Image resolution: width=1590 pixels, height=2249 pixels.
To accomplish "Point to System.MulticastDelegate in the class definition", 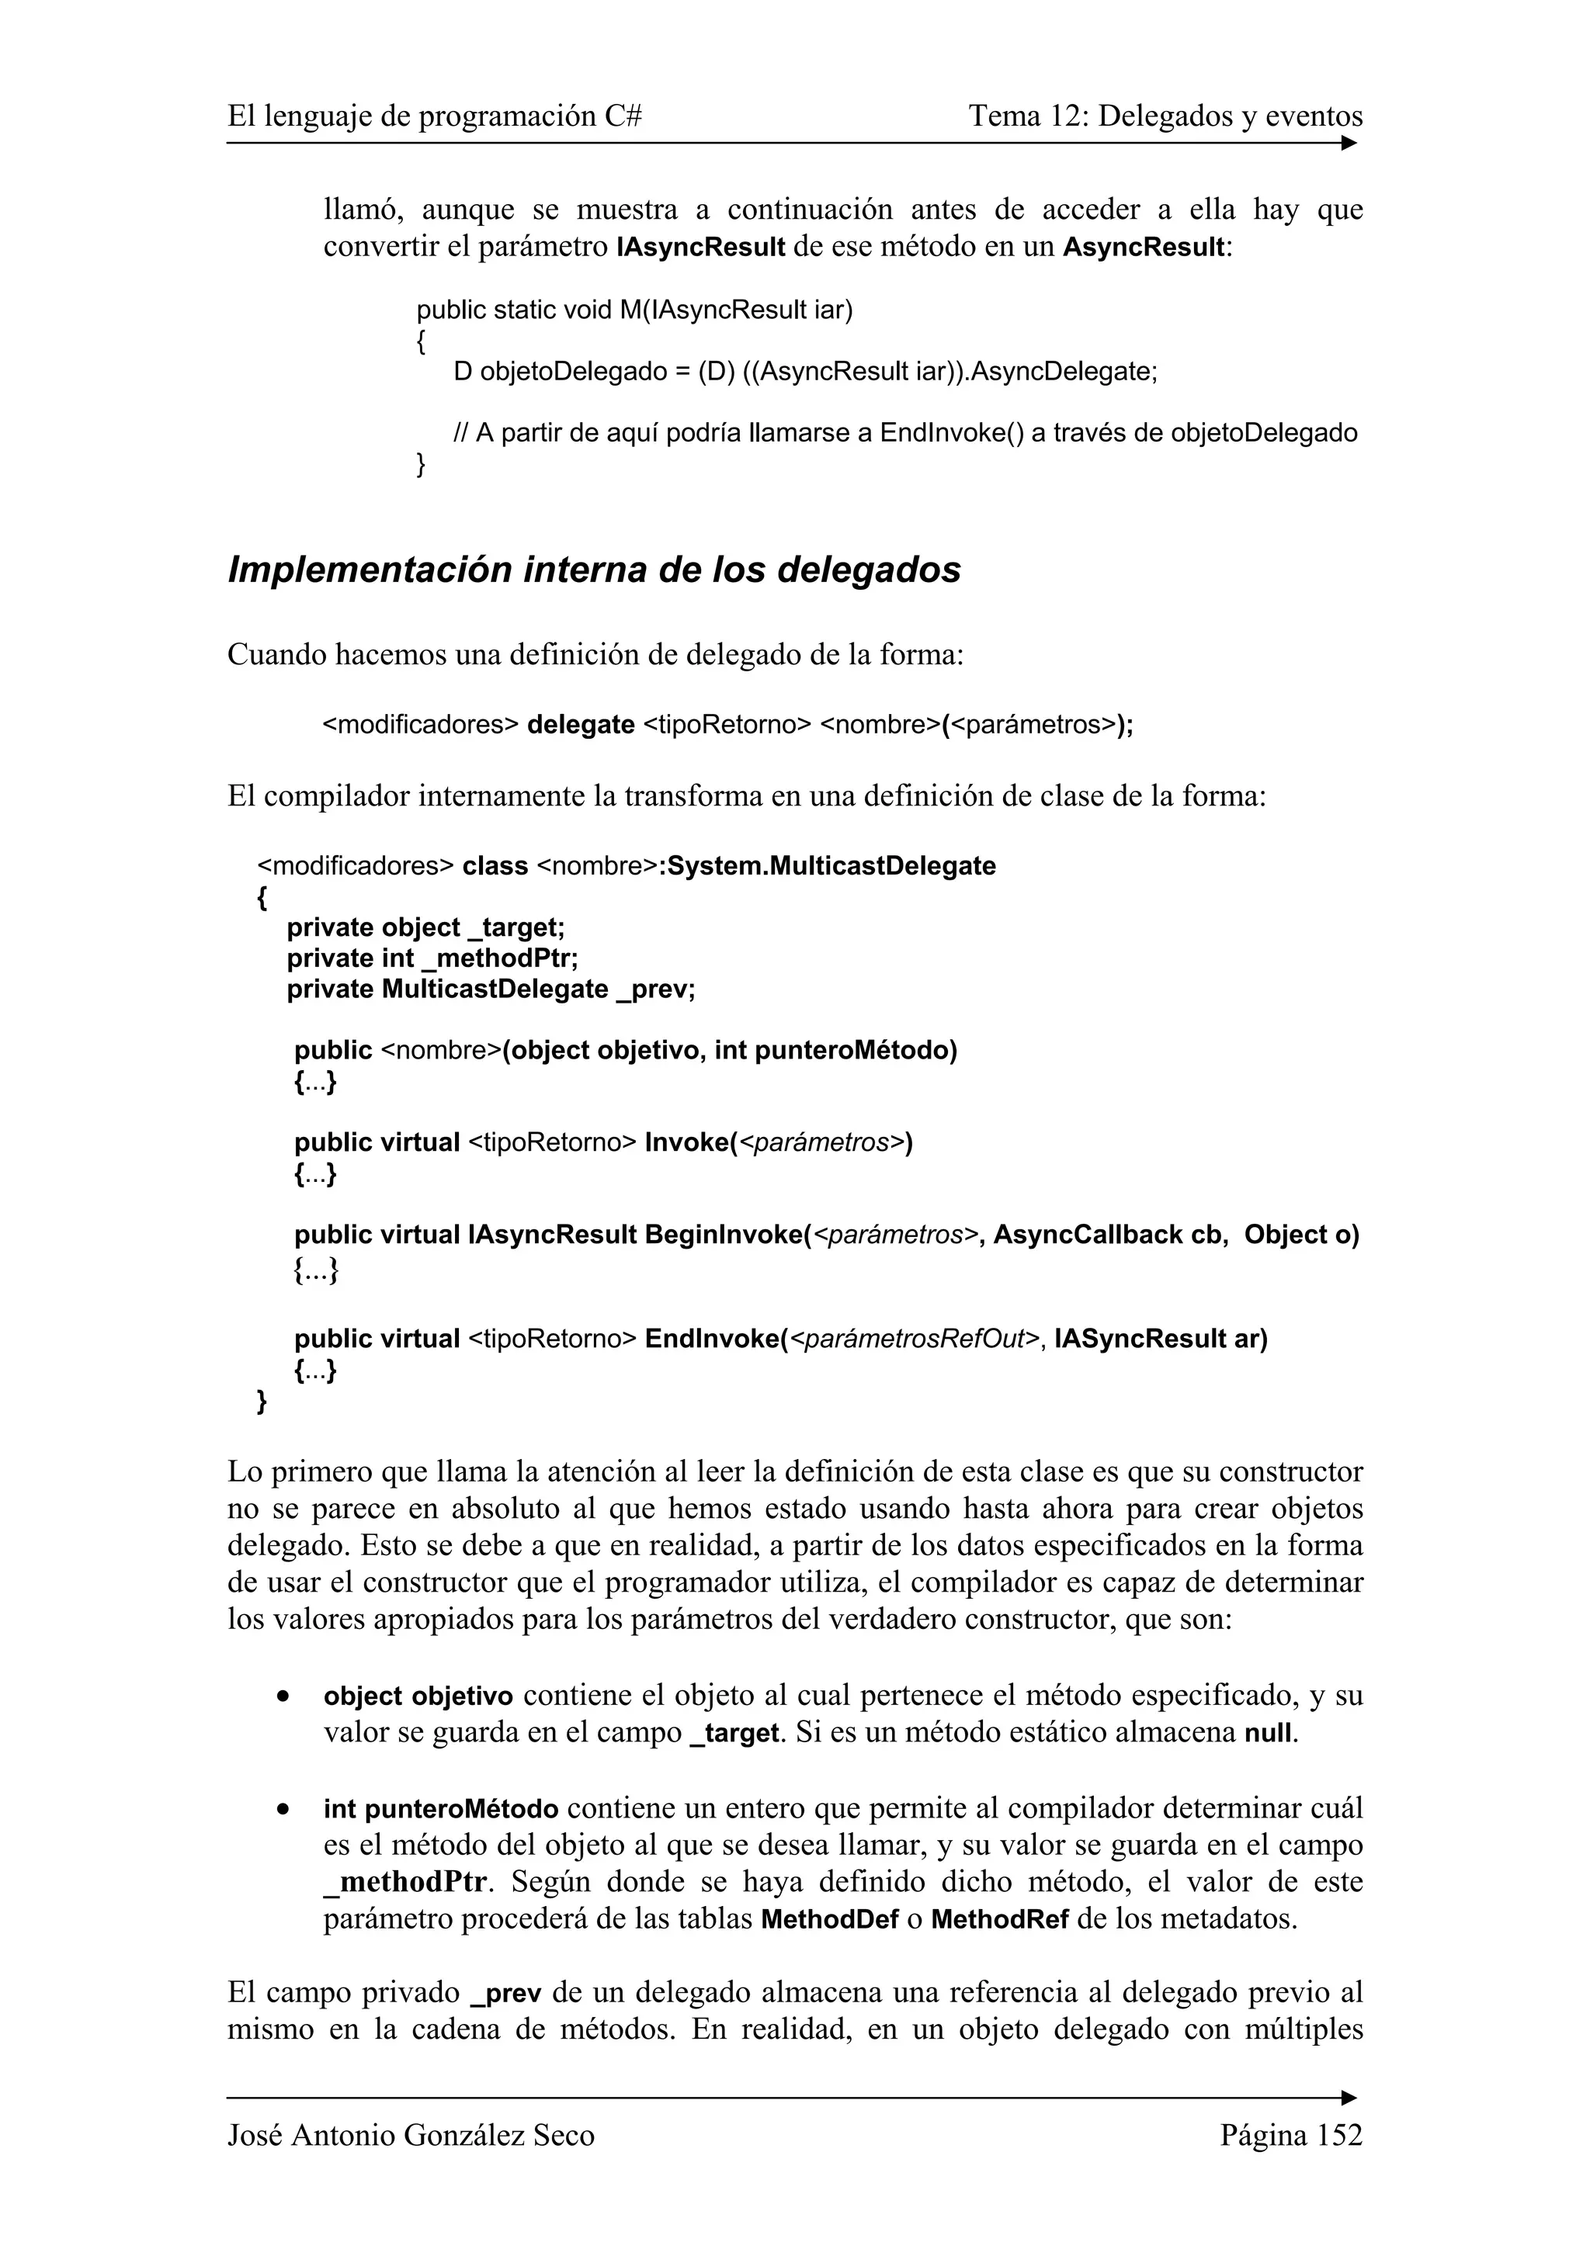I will pyautogui.click(x=831, y=866).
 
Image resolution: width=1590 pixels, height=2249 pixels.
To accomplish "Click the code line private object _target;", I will pyautogui.click(x=425, y=927).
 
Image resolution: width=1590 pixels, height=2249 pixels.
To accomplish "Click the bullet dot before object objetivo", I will pyautogui.click(x=283, y=1696).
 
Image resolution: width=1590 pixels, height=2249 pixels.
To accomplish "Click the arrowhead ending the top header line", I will pyautogui.click(x=1349, y=144).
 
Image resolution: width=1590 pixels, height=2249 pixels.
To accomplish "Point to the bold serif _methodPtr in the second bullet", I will pyautogui.click(x=404, y=1883).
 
